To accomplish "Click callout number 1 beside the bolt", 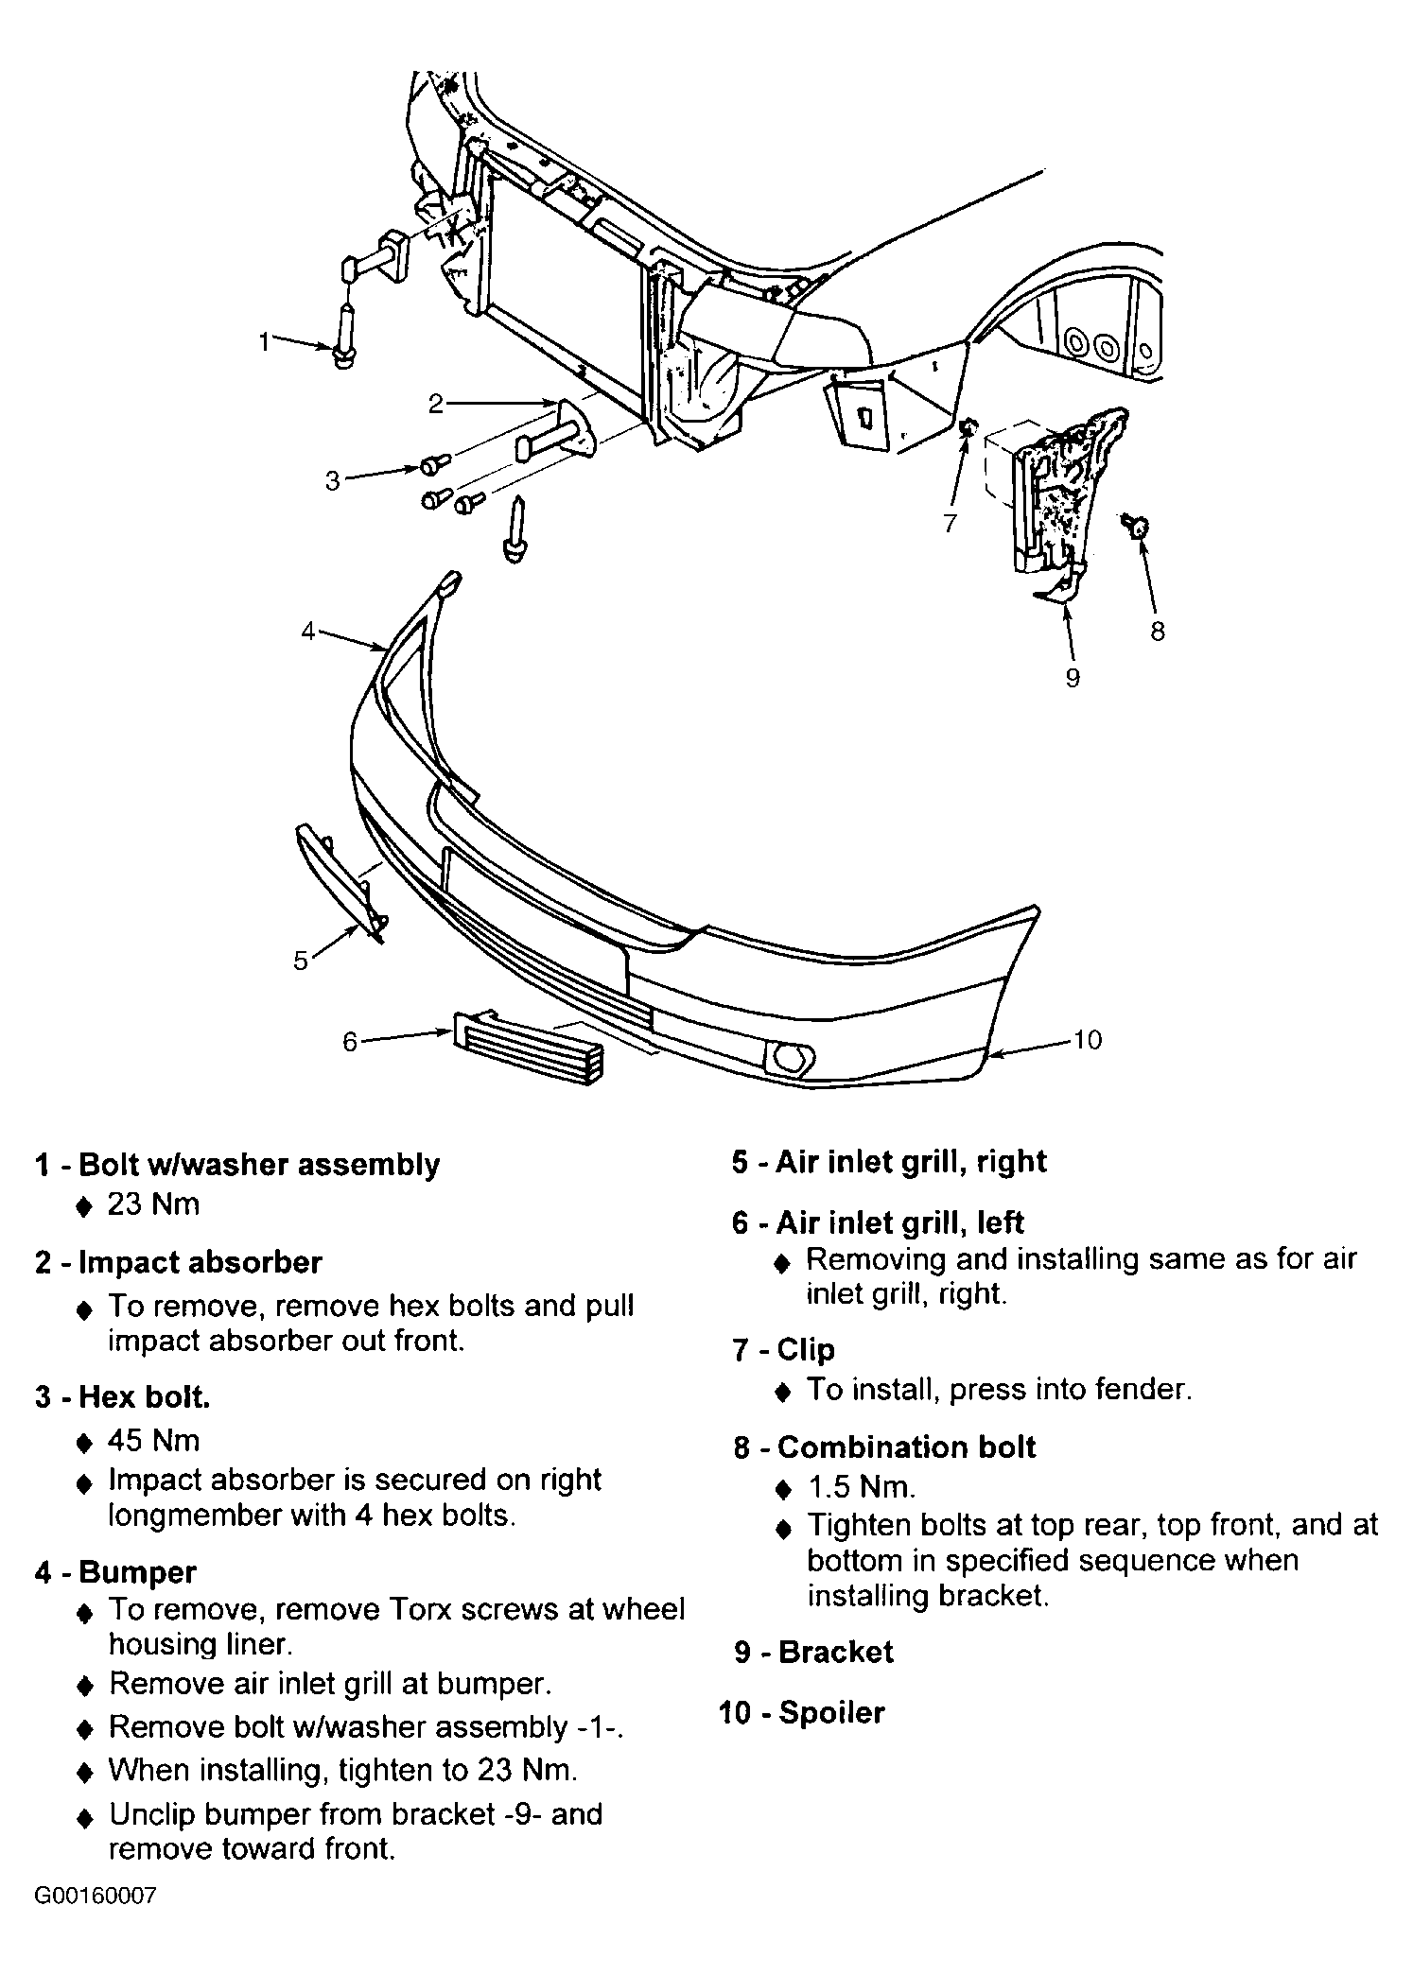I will pyautogui.click(x=265, y=341).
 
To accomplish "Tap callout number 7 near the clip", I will pyautogui.click(x=951, y=523).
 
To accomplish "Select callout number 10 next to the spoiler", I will pyautogui.click(x=1088, y=1040).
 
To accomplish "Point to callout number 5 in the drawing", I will pyautogui.click(x=301, y=961).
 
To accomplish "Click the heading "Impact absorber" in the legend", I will pyautogui.click(x=200, y=1262).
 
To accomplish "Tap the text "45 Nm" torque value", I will pyautogui.click(x=154, y=1440).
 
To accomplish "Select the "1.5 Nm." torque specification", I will pyautogui.click(x=862, y=1487).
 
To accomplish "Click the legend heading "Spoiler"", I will pyautogui.click(x=831, y=1712).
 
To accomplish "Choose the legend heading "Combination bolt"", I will pyautogui.click(x=906, y=1447).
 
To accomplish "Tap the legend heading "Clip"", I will pyautogui.click(x=806, y=1349).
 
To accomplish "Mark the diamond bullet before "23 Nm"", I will pyautogui.click(x=84, y=1206).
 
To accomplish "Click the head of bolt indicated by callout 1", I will pyautogui.click(x=343, y=357).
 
